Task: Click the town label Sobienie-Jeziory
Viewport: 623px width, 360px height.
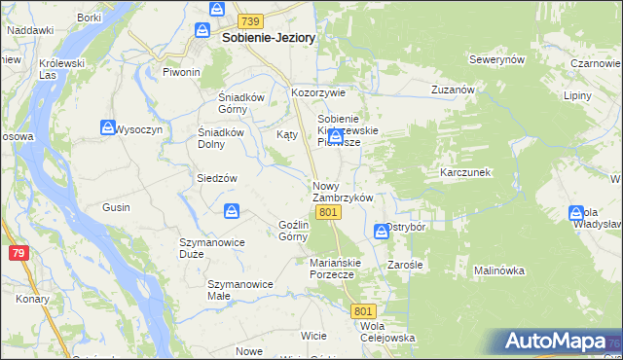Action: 270,38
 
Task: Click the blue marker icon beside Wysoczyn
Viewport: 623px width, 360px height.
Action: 107,126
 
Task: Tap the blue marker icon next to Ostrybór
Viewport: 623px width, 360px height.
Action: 381,231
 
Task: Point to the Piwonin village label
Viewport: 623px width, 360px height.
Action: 181,72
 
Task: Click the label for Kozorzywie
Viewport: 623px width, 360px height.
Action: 319,92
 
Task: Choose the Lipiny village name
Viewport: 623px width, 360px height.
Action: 577,97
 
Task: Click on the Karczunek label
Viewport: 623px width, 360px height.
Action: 465,171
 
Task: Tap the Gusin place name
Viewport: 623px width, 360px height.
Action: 116,207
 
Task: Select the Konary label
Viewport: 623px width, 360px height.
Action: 32,299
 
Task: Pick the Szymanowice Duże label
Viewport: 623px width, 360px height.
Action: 204,247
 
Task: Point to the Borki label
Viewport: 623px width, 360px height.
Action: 90,18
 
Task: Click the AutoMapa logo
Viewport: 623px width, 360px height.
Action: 556,342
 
